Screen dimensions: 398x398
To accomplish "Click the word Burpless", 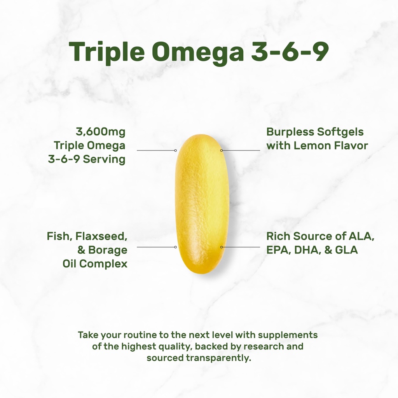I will tap(290, 132).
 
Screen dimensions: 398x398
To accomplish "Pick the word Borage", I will tap(108, 250).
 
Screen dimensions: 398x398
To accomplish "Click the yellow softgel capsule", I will tap(202, 204).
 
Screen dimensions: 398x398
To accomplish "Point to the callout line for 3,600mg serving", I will tap(156, 150).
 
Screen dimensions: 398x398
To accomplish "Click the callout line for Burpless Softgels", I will tap(241, 150).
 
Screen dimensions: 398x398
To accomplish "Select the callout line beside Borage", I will tap(156, 247).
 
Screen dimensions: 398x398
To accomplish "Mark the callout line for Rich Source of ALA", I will tap(241, 247).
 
